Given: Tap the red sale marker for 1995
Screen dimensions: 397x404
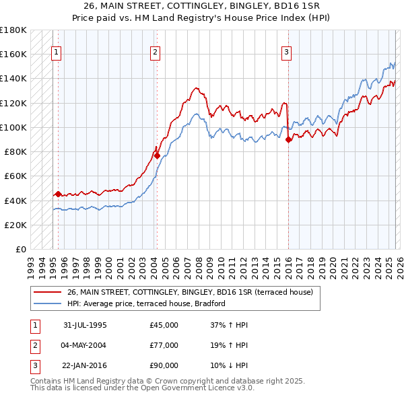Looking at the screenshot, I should click(58, 194).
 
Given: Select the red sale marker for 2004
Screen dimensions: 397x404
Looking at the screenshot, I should click(157, 155).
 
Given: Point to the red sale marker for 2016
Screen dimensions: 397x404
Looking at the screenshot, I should click(288, 140).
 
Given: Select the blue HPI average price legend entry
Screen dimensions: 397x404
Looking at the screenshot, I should click(145, 303).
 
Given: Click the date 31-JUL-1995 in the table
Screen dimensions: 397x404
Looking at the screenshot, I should click(85, 325).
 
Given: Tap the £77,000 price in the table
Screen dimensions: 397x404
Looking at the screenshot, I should click(164, 345).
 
